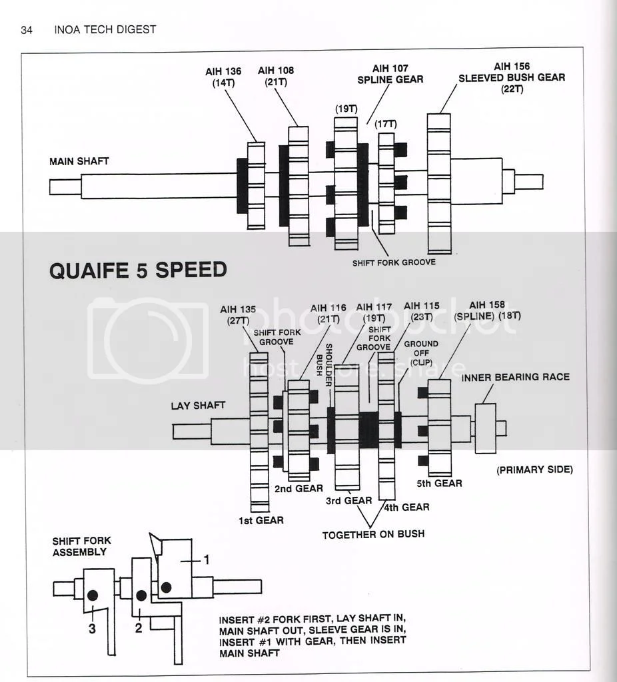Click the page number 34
pos(27,29)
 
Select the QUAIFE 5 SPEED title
pos(138,270)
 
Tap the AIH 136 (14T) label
pos(224,77)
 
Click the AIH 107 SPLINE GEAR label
pos(398,74)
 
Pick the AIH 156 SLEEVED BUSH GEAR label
pos(512,77)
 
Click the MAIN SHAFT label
pos(79,161)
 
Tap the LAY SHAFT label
pos(198,405)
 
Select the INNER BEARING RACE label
pos(515,377)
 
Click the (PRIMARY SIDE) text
pos(534,470)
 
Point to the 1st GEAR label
pos(261,520)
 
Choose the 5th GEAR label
pos(439,483)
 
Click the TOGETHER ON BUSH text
pos(373,534)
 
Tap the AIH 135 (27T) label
pos(239,315)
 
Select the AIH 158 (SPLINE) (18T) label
pos(487,310)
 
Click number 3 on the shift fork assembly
pos(93,628)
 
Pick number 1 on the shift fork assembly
pos(206,560)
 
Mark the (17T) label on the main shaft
pos(385,124)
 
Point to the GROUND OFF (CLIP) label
pos(421,353)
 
